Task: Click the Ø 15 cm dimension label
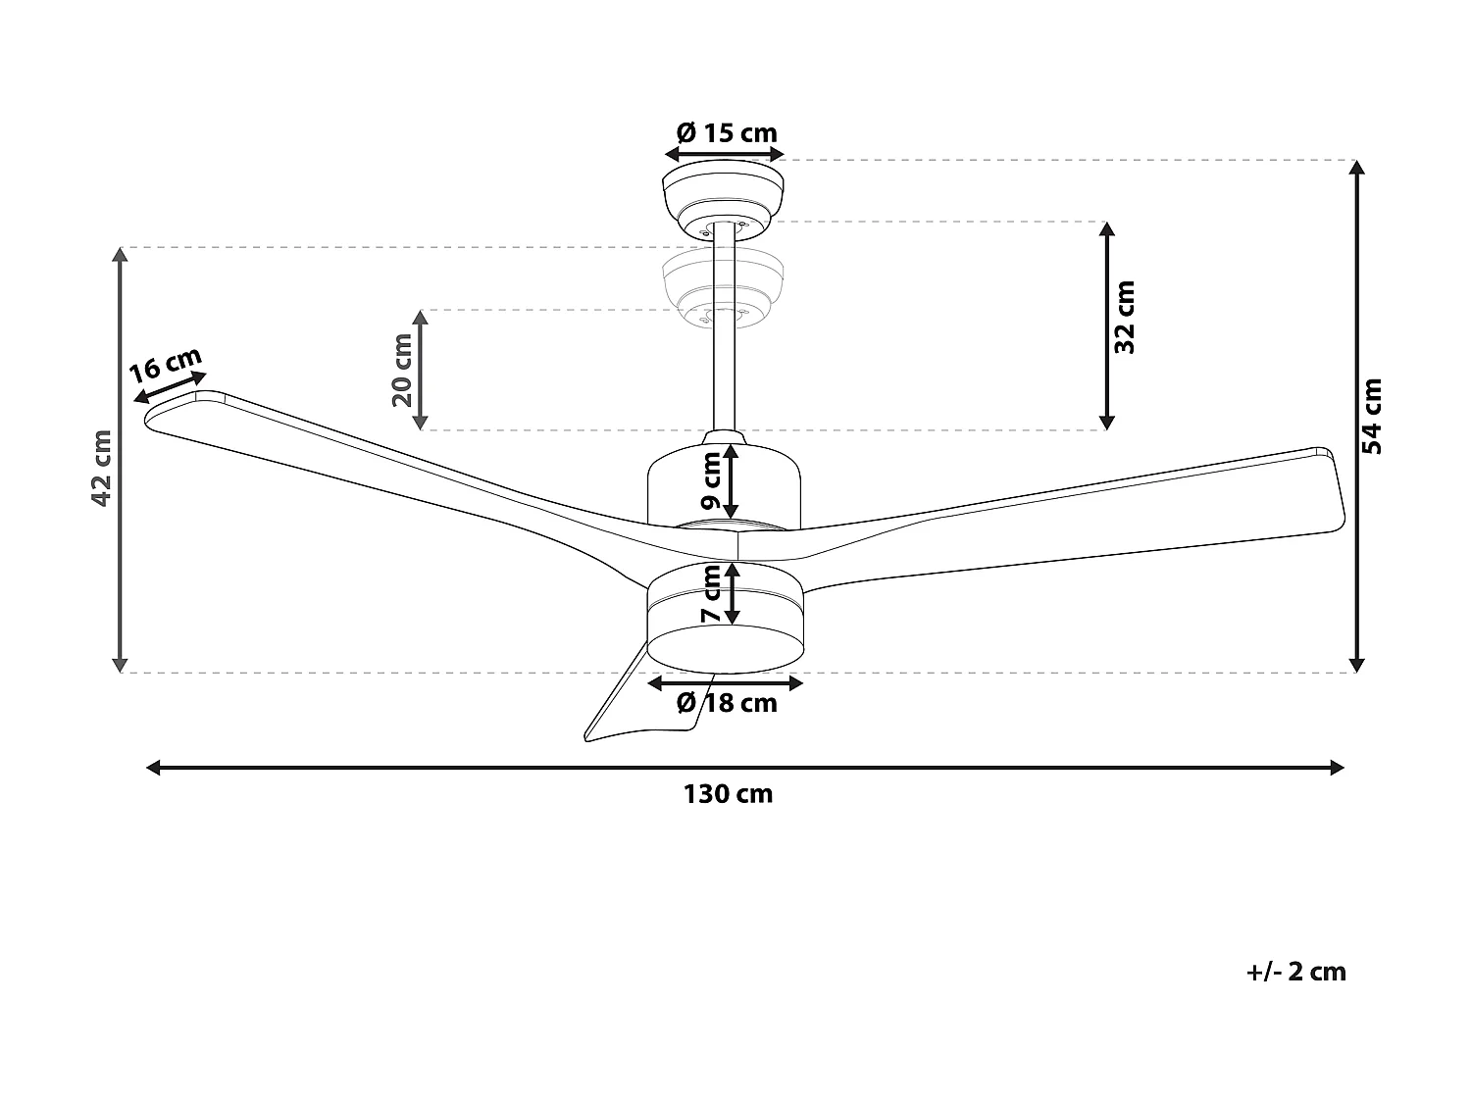point(727,132)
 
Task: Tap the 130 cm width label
point(729,794)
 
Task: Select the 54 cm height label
point(1373,416)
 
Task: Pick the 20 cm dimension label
point(401,370)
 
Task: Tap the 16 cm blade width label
point(165,366)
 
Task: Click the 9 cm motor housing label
point(713,483)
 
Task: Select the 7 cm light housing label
point(713,595)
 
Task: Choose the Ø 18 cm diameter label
point(727,703)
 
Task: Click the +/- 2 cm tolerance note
point(1296,972)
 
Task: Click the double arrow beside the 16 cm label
point(171,387)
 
